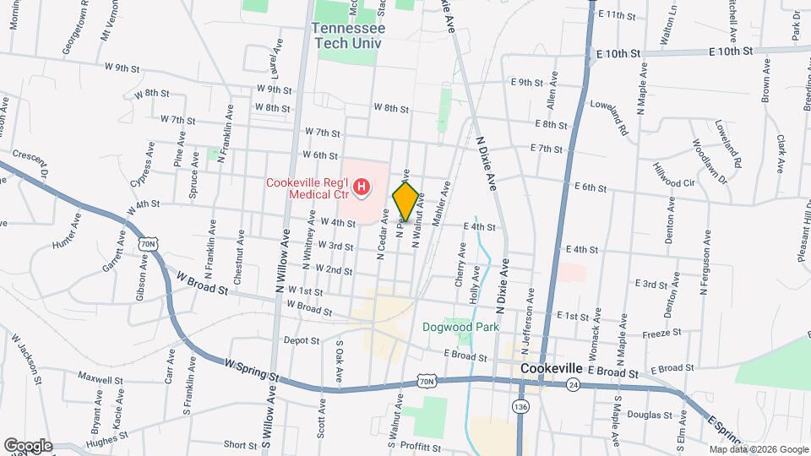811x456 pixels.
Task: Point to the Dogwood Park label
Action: pyautogui.click(x=462, y=327)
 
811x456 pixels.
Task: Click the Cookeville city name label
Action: pyautogui.click(x=552, y=369)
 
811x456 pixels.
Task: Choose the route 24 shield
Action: pyautogui.click(x=574, y=384)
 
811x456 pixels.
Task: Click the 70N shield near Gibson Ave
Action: pyautogui.click(x=149, y=244)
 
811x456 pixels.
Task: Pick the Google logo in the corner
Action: pyautogui.click(x=28, y=445)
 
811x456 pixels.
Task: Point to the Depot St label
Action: pyautogui.click(x=302, y=340)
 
